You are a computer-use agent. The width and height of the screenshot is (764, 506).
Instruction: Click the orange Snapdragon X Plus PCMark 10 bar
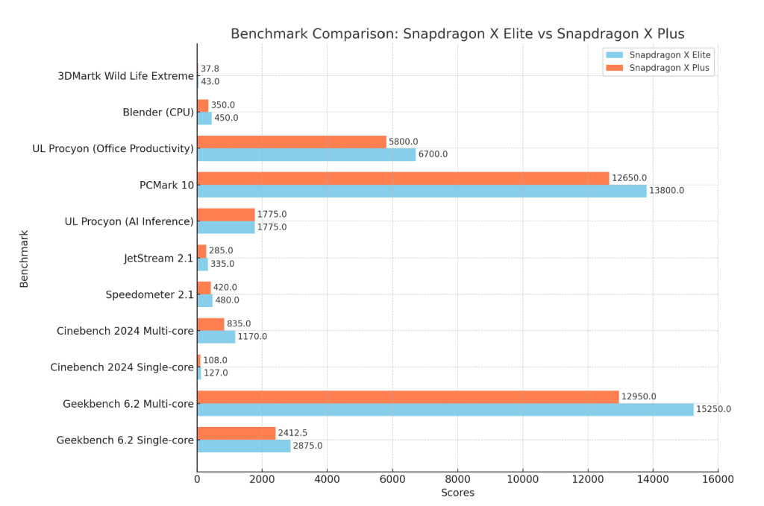point(403,178)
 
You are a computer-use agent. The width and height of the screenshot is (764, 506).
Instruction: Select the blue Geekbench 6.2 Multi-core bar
point(445,409)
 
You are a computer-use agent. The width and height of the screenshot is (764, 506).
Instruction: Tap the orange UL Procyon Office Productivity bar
point(292,142)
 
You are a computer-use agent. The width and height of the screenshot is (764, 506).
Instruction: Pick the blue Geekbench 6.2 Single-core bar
point(243,446)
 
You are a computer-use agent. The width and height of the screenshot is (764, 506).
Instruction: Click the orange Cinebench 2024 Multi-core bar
point(210,324)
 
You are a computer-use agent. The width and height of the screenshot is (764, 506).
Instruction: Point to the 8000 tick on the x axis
point(457,480)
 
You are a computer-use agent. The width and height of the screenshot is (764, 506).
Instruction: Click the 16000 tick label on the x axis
point(718,480)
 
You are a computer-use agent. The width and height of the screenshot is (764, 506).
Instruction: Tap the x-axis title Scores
point(457,493)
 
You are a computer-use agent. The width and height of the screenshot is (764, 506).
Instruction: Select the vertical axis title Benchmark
point(24,259)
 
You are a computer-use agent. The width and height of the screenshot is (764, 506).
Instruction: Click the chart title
point(457,34)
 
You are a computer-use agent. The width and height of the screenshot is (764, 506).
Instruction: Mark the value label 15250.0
point(713,409)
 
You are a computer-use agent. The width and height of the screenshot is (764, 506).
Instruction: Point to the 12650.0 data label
point(629,178)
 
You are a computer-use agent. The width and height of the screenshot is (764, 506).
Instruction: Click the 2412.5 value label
point(293,433)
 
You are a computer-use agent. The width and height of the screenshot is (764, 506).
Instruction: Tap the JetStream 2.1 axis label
point(158,259)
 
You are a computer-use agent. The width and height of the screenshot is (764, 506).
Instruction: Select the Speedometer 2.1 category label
point(149,295)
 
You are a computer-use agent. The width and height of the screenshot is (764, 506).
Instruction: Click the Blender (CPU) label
point(158,113)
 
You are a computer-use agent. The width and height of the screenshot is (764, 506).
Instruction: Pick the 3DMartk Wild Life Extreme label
point(125,76)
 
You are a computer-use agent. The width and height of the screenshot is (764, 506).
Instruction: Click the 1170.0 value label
point(252,337)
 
